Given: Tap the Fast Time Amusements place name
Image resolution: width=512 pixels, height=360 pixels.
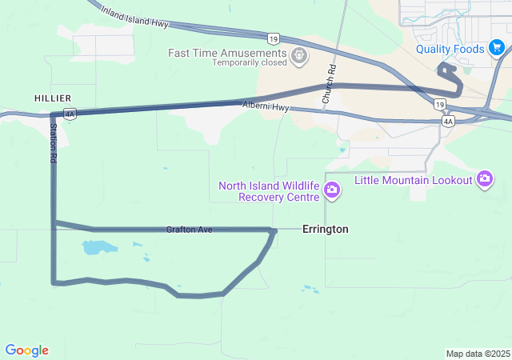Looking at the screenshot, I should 228,53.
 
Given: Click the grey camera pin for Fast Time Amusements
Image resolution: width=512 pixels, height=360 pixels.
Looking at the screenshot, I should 300,56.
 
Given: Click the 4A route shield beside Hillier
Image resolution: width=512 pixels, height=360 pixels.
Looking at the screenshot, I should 70,114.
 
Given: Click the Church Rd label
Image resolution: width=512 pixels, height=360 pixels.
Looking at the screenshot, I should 329,83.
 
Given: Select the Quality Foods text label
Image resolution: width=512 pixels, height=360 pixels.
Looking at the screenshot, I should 450,50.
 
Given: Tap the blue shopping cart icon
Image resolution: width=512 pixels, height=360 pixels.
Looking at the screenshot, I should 496,50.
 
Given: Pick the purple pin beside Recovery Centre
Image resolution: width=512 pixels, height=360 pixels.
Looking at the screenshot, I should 332,190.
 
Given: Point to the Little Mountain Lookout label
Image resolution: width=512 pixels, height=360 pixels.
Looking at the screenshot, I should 414,180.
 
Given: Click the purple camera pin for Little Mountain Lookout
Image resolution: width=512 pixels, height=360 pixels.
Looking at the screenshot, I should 484,179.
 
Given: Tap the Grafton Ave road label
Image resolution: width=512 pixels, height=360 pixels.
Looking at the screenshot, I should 189,230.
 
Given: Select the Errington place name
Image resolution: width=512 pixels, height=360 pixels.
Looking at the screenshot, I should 325,230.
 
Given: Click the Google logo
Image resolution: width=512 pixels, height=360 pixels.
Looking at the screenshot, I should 26,350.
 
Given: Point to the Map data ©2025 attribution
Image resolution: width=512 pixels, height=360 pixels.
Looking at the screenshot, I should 478,354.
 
